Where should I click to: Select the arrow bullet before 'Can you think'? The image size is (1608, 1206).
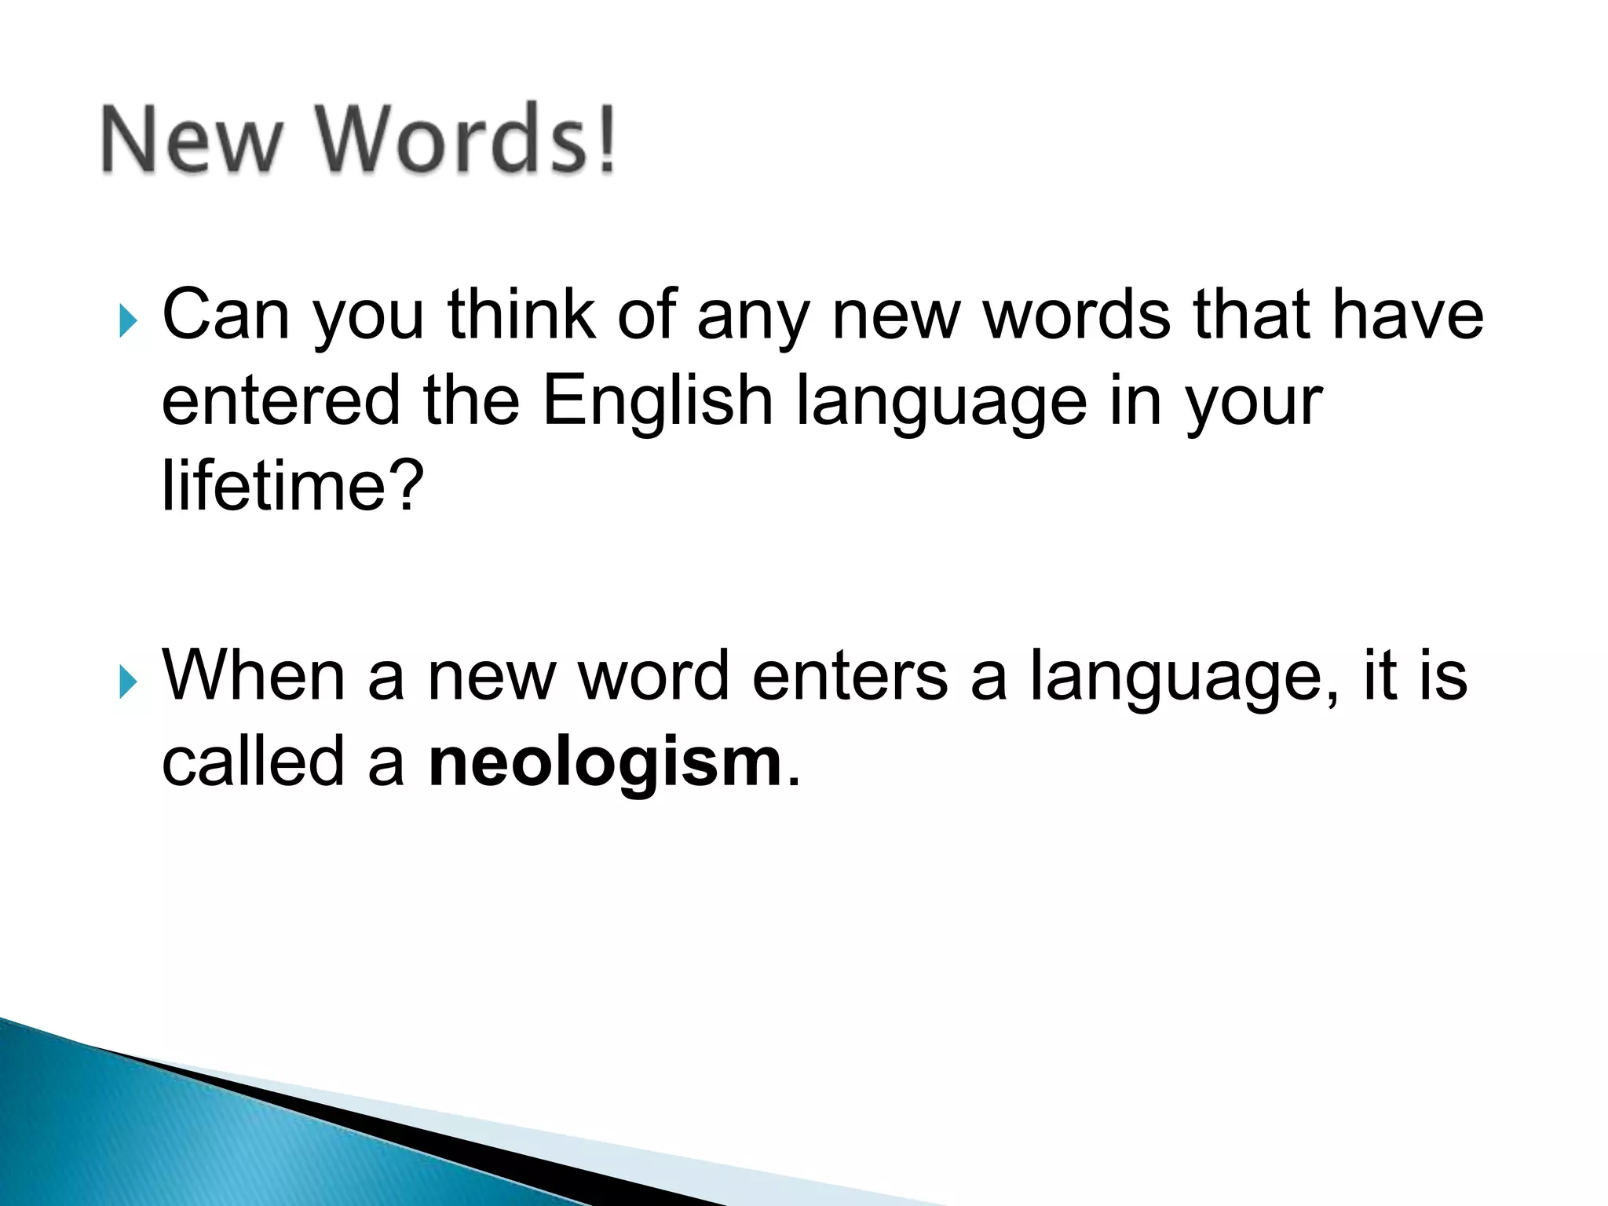coord(129,320)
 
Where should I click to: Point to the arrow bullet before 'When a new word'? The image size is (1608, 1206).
coord(129,682)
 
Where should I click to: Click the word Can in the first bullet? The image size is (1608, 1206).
coord(225,316)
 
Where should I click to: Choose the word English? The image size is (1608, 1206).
coord(658,402)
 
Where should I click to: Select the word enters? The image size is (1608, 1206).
coord(850,677)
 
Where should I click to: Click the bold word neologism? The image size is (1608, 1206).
coord(605,763)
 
